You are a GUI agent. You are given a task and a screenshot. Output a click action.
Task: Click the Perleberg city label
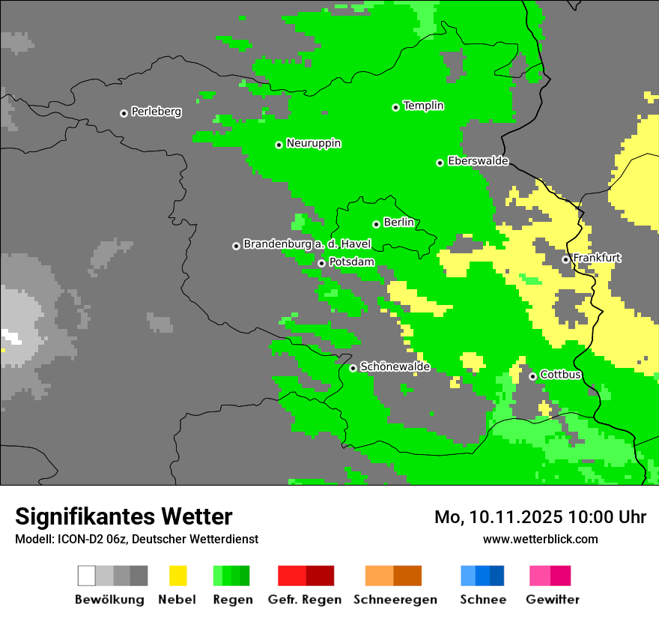tap(156, 112)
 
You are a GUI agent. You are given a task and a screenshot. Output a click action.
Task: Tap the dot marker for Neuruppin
tap(279, 145)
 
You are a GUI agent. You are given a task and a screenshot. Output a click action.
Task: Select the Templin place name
tap(423, 106)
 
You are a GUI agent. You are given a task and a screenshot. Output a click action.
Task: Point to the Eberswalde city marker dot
tap(440, 163)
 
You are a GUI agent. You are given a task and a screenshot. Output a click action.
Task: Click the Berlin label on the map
tap(398, 223)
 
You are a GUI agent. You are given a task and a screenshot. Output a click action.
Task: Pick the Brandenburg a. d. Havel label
tap(307, 244)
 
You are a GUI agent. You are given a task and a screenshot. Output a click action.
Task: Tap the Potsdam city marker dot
tap(321, 263)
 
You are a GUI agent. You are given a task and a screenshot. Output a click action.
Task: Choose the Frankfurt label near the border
tap(597, 259)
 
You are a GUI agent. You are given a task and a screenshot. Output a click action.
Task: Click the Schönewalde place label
tap(395, 366)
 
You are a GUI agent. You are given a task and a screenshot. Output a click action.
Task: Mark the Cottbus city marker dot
tap(532, 376)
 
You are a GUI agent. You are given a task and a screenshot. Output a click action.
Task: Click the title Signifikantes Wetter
tap(124, 516)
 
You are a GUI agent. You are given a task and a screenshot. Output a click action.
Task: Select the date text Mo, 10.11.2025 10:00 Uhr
tap(540, 517)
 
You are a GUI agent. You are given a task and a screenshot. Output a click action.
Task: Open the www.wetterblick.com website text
tap(540, 539)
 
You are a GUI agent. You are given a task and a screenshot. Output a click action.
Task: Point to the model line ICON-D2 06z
tap(136, 539)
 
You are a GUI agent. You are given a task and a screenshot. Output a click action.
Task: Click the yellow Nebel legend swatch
tap(177, 576)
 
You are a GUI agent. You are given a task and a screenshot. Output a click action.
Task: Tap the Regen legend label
tap(232, 600)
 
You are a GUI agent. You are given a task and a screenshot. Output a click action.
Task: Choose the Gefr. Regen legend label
tap(305, 600)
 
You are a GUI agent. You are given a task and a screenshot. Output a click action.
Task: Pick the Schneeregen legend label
tap(395, 600)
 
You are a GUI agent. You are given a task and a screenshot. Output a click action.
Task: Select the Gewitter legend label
tap(553, 600)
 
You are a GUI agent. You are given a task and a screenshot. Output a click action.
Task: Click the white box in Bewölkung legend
tap(87, 576)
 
